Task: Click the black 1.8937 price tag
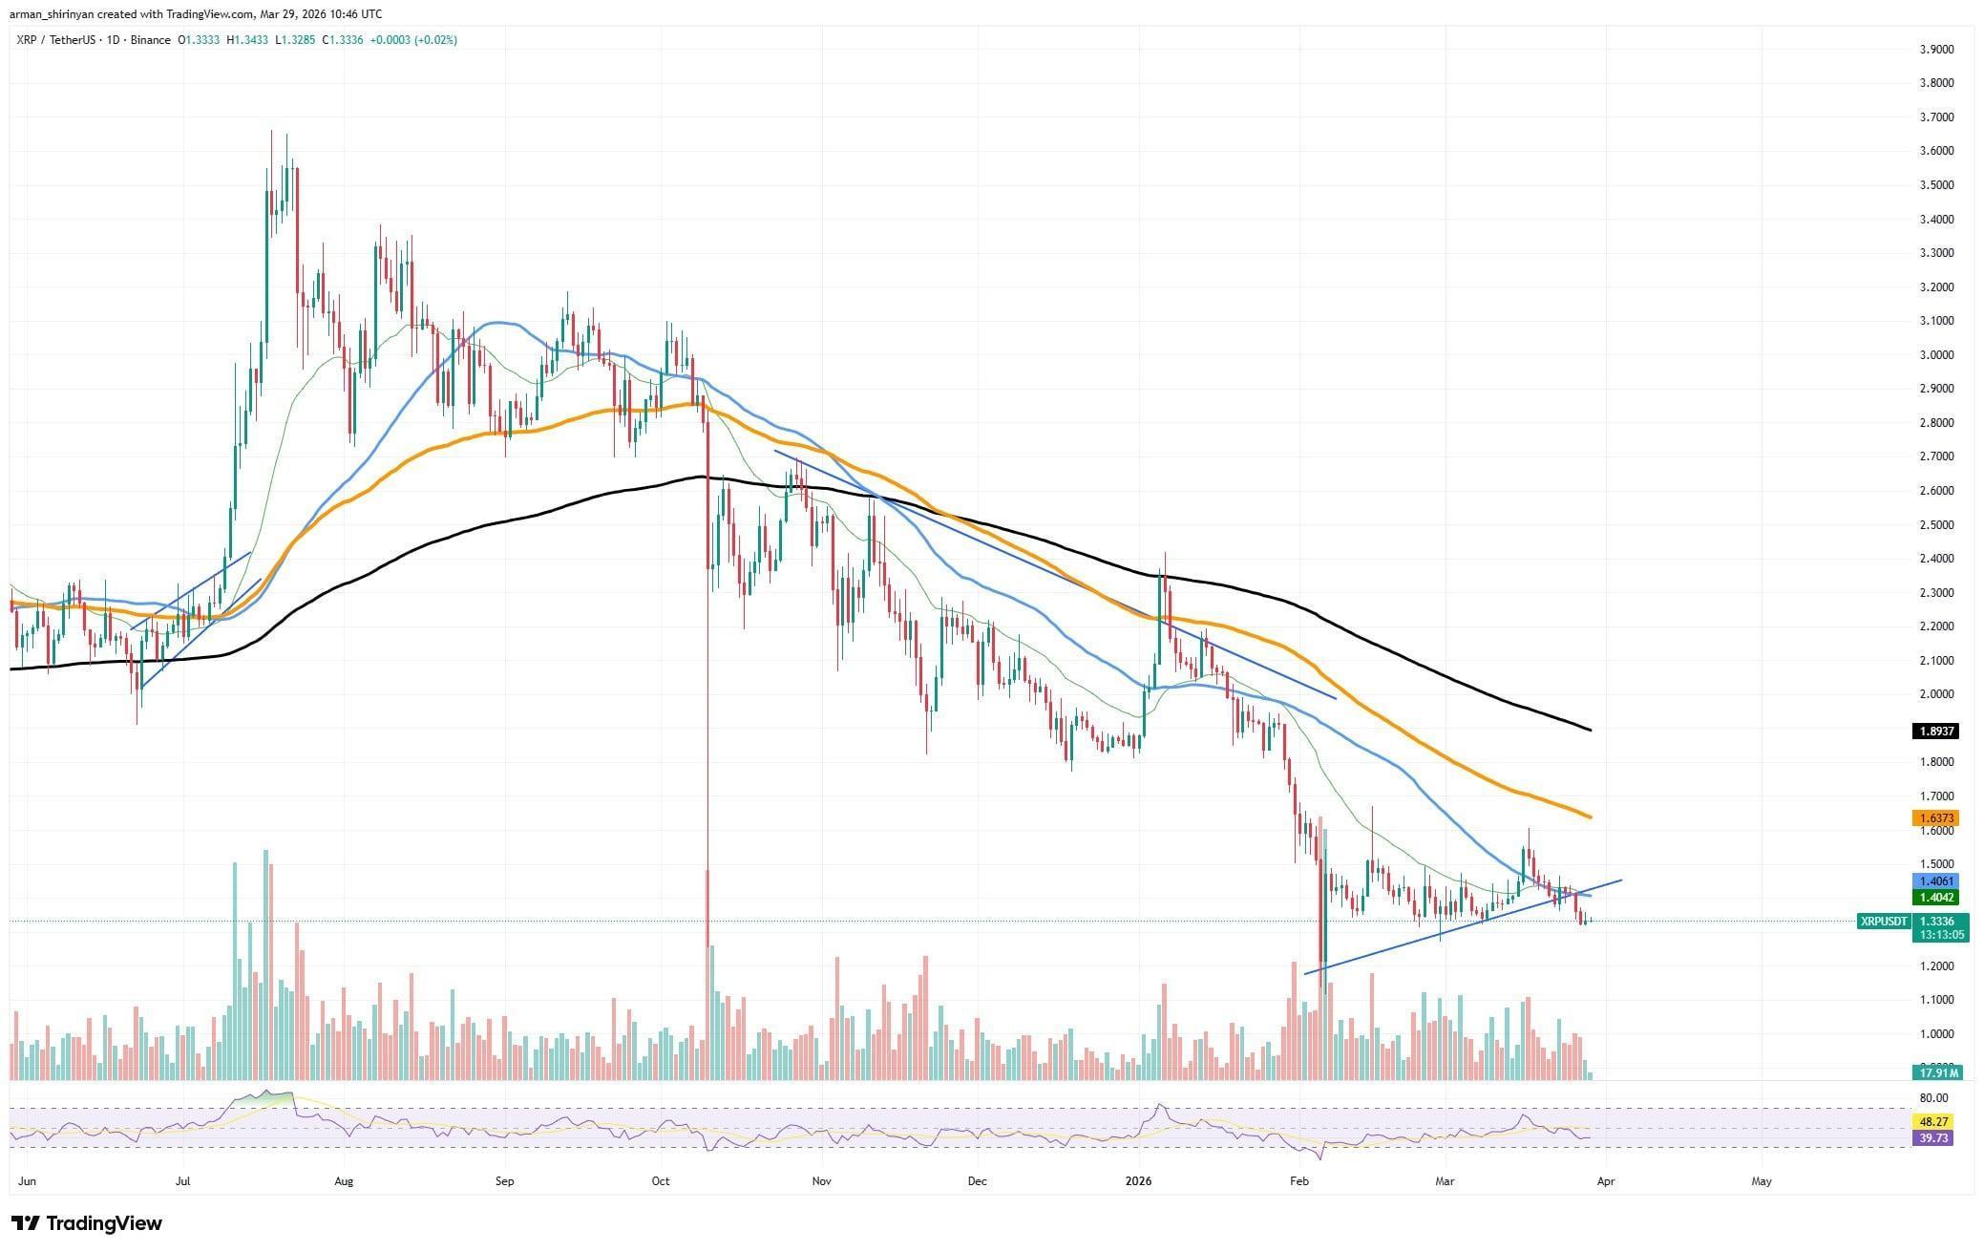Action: coord(1934,732)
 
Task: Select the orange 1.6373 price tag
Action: coord(1934,818)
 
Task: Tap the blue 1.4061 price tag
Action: coord(1934,881)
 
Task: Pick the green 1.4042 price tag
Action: coord(1934,898)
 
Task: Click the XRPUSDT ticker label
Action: coord(1884,922)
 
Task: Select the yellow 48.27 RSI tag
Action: coord(1934,1121)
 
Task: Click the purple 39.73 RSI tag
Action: coord(1934,1137)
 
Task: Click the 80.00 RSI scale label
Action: coord(1934,1098)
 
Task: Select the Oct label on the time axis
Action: coord(660,1181)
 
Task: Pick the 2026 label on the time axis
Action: coord(1139,1181)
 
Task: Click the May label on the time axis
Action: coord(1761,1181)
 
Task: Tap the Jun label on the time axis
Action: coord(29,1181)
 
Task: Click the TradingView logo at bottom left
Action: coord(87,1223)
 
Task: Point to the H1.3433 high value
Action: coord(247,40)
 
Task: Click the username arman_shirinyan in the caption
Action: coord(53,13)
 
